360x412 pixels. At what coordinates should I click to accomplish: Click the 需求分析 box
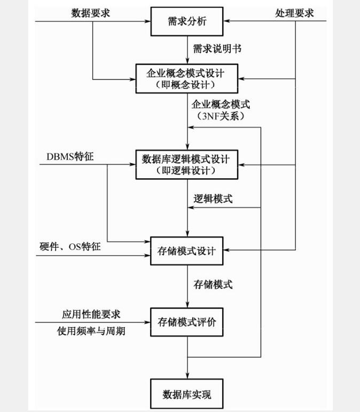coord(186,22)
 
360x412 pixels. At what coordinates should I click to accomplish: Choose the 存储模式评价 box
coord(186,322)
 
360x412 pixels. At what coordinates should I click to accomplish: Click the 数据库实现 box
coord(186,395)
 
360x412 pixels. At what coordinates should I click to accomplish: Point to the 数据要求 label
coord(91,13)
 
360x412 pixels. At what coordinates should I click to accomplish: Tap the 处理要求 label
coord(294,13)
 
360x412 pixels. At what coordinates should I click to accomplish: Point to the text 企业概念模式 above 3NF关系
coord(221,104)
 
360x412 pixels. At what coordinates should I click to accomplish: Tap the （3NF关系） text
coord(221,115)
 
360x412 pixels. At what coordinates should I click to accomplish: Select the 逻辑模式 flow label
coord(213,199)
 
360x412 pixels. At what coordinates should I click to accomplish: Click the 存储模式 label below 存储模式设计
coord(213,284)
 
